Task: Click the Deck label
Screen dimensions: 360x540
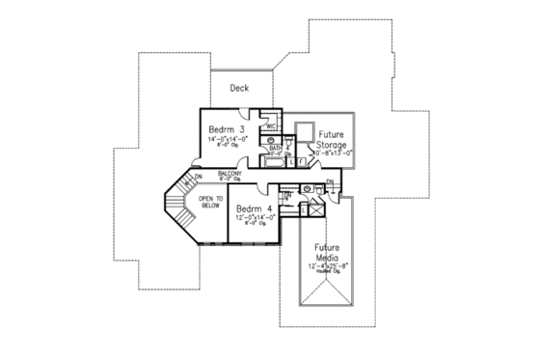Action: tap(239, 88)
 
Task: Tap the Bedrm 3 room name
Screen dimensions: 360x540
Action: tap(229, 128)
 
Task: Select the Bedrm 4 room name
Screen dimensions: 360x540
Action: tap(254, 208)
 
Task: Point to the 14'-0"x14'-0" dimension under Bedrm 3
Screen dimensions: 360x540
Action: tap(228, 140)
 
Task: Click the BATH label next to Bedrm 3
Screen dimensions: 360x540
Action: tap(276, 149)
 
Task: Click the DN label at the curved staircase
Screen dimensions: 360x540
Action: tap(197, 177)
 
